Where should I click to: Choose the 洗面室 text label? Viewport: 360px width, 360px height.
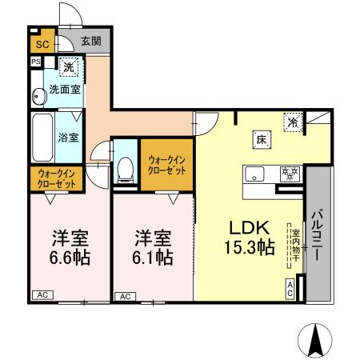[x=64, y=90]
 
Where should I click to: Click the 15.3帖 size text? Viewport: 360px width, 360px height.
[x=251, y=247]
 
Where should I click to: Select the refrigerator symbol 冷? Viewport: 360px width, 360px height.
[x=294, y=122]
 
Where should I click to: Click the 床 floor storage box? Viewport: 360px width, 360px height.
[x=262, y=138]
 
